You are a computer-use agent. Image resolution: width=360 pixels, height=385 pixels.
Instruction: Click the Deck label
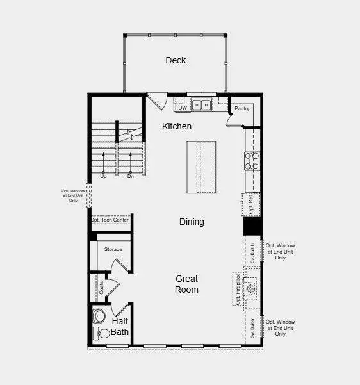pyautogui.click(x=176, y=60)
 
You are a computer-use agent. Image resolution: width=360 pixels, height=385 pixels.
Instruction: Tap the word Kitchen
pyautogui.click(x=177, y=127)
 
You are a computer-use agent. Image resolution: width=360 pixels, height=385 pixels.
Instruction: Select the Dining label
pyautogui.click(x=192, y=222)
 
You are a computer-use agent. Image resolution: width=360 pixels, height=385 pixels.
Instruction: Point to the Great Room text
pyautogui.click(x=187, y=284)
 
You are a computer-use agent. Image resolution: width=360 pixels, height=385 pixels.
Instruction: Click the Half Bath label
pyautogui.click(x=120, y=327)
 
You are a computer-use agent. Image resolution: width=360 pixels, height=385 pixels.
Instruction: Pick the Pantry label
pyautogui.click(x=241, y=109)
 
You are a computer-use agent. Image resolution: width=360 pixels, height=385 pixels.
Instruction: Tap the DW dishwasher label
pyautogui.click(x=183, y=108)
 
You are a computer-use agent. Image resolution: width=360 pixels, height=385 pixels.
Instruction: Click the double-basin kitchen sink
pyautogui.click(x=202, y=105)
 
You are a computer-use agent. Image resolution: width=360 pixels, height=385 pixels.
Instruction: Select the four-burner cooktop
pyautogui.click(x=252, y=160)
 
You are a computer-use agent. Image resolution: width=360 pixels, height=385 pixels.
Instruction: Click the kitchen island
pyautogui.click(x=201, y=167)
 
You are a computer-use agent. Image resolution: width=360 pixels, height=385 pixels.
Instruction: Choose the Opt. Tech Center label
pyautogui.click(x=110, y=220)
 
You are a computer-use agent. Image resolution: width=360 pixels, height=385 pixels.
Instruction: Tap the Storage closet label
pyautogui.click(x=113, y=249)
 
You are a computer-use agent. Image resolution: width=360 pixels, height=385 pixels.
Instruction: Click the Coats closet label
pyautogui.click(x=101, y=288)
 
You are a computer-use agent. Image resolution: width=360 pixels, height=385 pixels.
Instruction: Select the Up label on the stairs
pyautogui.click(x=103, y=176)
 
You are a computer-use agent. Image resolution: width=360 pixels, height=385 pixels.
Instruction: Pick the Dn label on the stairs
pyautogui.click(x=130, y=176)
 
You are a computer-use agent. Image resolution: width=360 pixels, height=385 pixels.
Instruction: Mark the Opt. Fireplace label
pyautogui.click(x=238, y=289)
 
